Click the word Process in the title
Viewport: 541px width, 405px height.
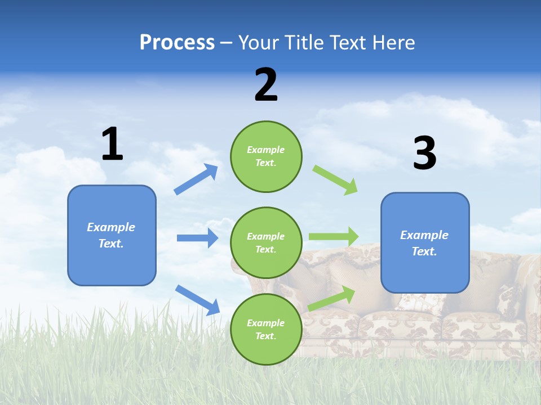point(177,43)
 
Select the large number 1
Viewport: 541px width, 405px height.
point(112,145)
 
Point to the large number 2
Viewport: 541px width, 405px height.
point(266,85)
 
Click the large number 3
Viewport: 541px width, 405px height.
point(424,153)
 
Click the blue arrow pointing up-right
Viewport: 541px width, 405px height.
point(196,179)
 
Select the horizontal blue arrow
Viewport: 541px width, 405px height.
point(197,238)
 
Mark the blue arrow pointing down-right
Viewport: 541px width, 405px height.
point(197,300)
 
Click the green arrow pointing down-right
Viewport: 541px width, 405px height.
point(335,180)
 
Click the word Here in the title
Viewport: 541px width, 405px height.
point(393,43)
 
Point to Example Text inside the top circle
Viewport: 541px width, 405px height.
point(266,156)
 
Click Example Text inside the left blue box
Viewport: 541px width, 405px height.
point(111,235)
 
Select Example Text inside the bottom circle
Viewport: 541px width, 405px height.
point(266,330)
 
